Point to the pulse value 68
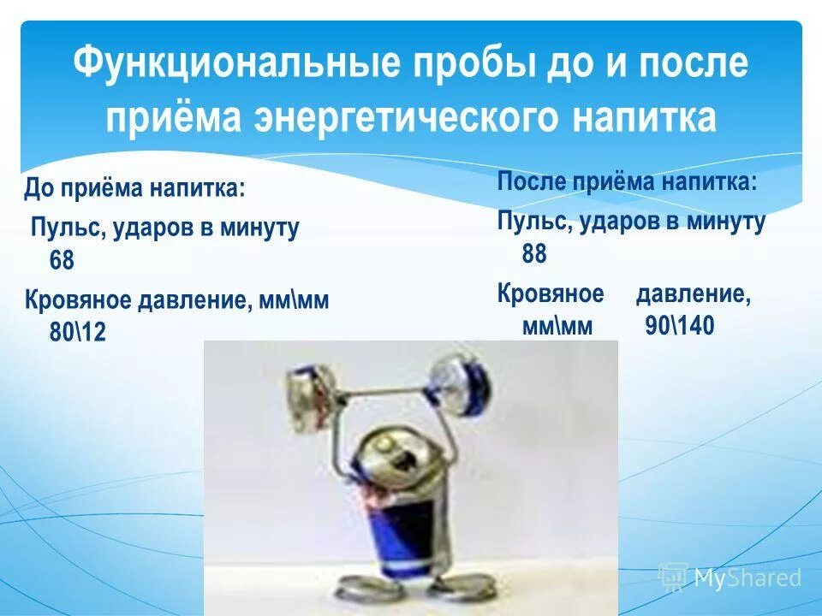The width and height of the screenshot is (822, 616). (62, 260)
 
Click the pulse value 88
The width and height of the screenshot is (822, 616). (534, 254)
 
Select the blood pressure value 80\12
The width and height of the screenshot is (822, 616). (78, 332)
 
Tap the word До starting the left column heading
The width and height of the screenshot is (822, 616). (39, 188)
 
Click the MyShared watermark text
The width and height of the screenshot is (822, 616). (748, 578)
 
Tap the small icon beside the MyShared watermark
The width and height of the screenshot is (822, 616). (673, 577)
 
